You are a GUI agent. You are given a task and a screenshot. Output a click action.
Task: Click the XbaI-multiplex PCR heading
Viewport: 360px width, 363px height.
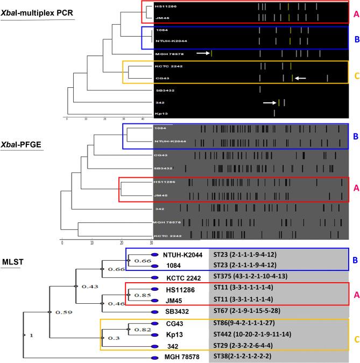(x=37, y=11)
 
